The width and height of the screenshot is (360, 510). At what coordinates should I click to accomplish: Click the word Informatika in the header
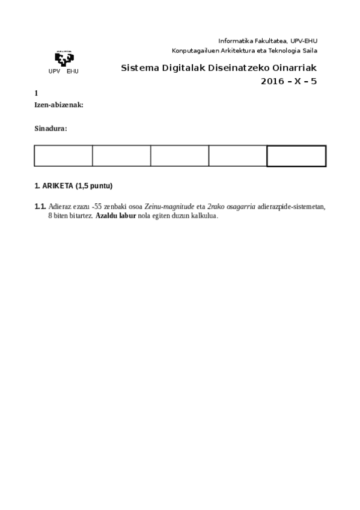[x=236, y=40]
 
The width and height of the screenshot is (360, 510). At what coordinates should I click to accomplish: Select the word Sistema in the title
[x=138, y=68]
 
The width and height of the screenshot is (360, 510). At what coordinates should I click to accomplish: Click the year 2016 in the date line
[x=272, y=81]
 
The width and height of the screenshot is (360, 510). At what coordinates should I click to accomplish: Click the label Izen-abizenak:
[x=59, y=105]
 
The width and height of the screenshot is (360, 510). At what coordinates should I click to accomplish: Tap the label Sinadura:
[x=50, y=128]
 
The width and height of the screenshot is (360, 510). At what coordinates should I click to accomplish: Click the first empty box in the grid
[x=63, y=156]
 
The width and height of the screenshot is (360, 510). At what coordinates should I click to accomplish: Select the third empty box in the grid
[x=179, y=156]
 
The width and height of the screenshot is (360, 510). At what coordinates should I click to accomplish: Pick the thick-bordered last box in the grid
[x=296, y=156]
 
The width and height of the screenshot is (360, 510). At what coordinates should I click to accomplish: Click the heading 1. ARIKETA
[x=54, y=186]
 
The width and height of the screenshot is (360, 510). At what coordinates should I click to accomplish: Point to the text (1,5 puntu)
[x=94, y=186]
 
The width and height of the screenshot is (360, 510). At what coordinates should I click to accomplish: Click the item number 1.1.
[x=40, y=207]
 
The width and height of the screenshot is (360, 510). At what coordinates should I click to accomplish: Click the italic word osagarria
[x=240, y=207]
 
